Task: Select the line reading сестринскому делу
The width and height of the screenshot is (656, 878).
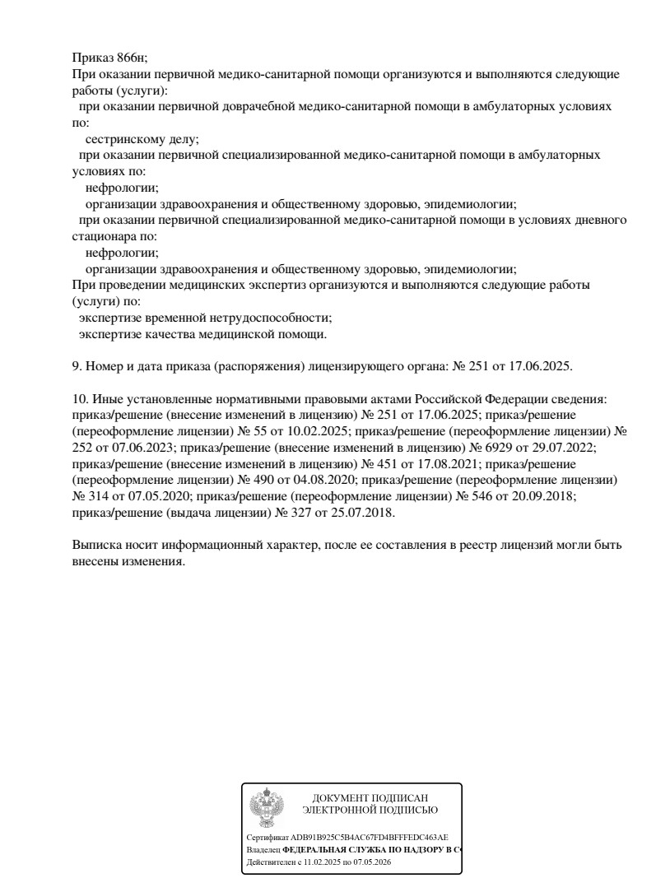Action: [142, 139]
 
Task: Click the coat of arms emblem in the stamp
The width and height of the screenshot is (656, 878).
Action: [265, 807]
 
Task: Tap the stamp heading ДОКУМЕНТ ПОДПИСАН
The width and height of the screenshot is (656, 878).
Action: [370, 797]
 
